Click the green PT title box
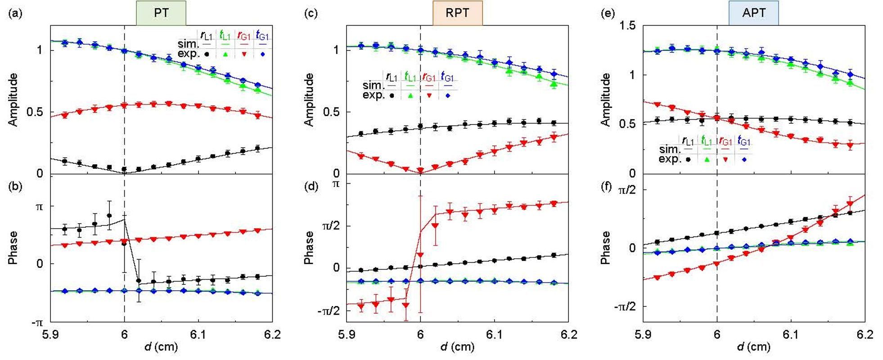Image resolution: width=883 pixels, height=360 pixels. pyautogui.click(x=161, y=13)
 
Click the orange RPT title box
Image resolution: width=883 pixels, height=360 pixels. pyautogui.click(x=457, y=13)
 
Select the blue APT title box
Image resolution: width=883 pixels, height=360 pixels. pyautogui.click(x=753, y=13)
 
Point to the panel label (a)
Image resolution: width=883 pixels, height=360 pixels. pyautogui.click(x=14, y=13)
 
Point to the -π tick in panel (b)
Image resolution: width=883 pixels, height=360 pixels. pyautogui.click(x=37, y=322)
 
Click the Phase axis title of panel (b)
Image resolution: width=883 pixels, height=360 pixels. pyautogui.click(x=14, y=247)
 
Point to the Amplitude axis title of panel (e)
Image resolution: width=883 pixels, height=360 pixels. pyautogui.click(x=606, y=99)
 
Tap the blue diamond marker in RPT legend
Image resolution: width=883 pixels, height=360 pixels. pyautogui.click(x=448, y=95)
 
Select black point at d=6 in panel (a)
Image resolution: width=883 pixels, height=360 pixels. pyautogui.click(x=124, y=170)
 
